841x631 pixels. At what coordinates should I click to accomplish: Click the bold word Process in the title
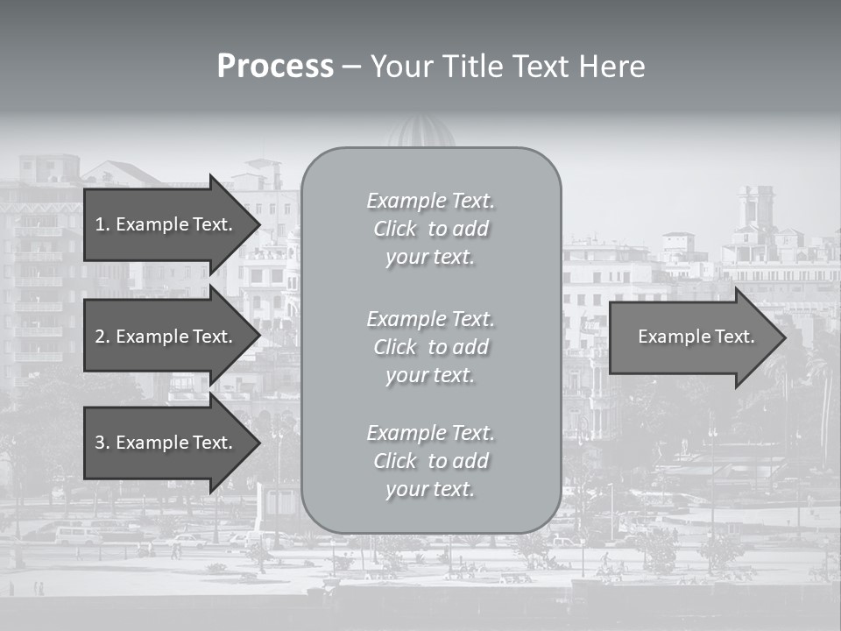click(275, 67)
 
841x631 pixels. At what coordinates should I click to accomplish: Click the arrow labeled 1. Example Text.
click(166, 224)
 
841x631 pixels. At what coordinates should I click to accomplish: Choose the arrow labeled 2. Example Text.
click(166, 337)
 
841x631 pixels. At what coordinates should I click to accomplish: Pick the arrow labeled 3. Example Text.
click(166, 443)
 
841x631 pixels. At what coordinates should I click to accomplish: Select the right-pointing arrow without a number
click(692, 337)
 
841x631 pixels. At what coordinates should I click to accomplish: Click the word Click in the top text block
click(395, 230)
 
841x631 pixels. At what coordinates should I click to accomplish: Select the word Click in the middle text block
click(395, 347)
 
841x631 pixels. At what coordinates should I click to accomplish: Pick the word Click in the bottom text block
click(395, 461)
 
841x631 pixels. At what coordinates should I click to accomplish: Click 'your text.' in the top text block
click(430, 258)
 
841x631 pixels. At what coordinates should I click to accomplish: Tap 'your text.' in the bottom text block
click(430, 490)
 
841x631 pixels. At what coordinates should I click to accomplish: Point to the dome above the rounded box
click(422, 132)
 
